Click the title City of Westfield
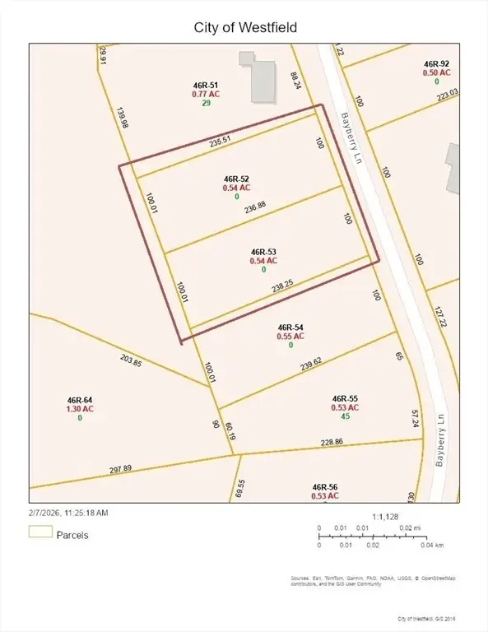click(x=244, y=27)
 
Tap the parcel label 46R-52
click(x=236, y=179)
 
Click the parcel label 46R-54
click(x=291, y=327)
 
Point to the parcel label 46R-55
click(x=346, y=397)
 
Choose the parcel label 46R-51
click(x=206, y=84)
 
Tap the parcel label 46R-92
click(x=436, y=63)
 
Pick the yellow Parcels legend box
click(x=40, y=532)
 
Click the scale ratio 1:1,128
click(x=385, y=517)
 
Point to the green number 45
click(x=346, y=416)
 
